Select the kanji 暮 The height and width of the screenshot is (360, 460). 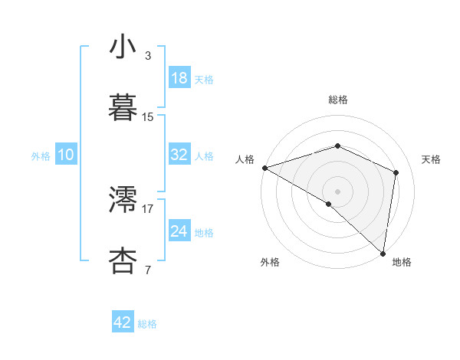(123, 108)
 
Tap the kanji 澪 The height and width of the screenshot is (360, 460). (123, 199)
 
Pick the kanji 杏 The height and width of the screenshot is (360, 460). (123, 260)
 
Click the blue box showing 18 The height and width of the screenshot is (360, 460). (179, 78)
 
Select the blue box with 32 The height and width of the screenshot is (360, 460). (179, 154)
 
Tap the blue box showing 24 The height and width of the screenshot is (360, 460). (179, 231)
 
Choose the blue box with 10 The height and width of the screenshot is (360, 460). (65, 155)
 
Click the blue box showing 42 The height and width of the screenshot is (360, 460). (123, 322)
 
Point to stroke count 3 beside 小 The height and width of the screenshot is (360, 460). (148, 56)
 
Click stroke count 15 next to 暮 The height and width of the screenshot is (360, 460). (148, 117)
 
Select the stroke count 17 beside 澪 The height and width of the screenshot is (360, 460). (148, 208)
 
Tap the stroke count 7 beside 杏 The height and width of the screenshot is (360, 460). (148, 270)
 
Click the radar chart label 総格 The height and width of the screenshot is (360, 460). (338, 100)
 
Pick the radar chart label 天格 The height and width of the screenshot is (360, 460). (432, 159)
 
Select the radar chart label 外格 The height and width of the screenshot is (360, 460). (270, 262)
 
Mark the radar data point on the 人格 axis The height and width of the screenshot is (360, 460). (264, 167)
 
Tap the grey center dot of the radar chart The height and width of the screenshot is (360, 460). (338, 191)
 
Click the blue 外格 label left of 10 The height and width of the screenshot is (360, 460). (41, 155)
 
